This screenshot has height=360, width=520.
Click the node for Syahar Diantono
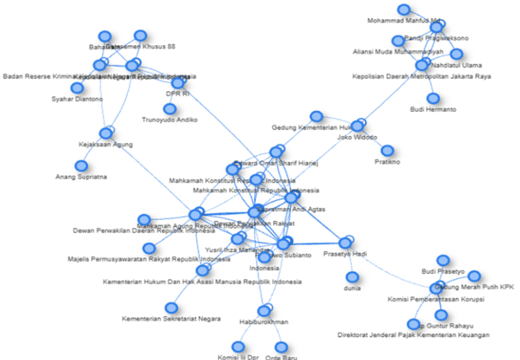(77, 88)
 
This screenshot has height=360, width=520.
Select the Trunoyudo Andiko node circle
(170, 109)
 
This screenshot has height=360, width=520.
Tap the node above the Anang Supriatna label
(81, 166)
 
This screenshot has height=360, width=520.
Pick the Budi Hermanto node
(433, 99)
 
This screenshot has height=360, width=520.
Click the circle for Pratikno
(387, 151)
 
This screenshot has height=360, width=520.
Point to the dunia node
(352, 277)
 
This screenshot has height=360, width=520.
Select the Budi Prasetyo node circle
(443, 260)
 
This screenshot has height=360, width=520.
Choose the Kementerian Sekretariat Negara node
(172, 308)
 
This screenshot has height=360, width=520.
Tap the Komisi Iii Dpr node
(238, 347)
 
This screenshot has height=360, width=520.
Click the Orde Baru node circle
(281, 347)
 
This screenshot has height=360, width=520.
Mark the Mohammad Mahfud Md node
(404, 10)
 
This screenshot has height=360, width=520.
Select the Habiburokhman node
(264, 311)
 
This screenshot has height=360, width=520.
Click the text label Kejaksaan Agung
(106, 145)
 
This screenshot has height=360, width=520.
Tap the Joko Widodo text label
(357, 138)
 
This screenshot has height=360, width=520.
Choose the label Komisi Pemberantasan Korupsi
(436, 300)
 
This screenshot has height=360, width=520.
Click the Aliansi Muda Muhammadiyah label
(398, 52)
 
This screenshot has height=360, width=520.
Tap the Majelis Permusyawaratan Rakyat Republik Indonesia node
(149, 248)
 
